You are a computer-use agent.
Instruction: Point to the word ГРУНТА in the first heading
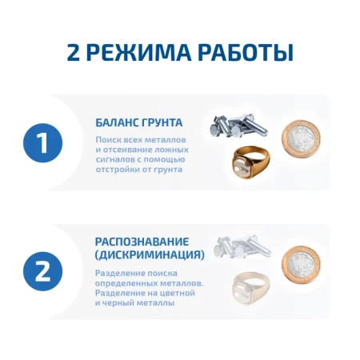163,123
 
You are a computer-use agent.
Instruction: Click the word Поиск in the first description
109,140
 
